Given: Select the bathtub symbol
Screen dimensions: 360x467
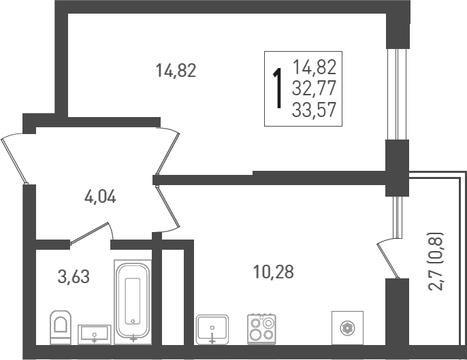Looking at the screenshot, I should pos(133,300).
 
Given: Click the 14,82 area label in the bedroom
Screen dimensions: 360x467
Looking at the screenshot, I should pos(176,70).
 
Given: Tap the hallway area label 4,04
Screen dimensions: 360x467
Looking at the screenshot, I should pos(100,198).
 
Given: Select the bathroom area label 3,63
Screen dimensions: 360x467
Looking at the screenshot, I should pos(74,276).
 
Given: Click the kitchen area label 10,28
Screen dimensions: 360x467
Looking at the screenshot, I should pos(274,272).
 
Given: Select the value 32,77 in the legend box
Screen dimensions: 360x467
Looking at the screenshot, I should pos(315,88).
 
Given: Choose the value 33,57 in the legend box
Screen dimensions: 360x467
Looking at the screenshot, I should pos(315,109).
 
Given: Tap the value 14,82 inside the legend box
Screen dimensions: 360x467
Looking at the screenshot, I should pos(315,67).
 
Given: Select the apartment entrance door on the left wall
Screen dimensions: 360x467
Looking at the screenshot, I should pos(15,159).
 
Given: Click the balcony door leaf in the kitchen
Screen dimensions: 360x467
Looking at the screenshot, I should pos(387,259).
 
